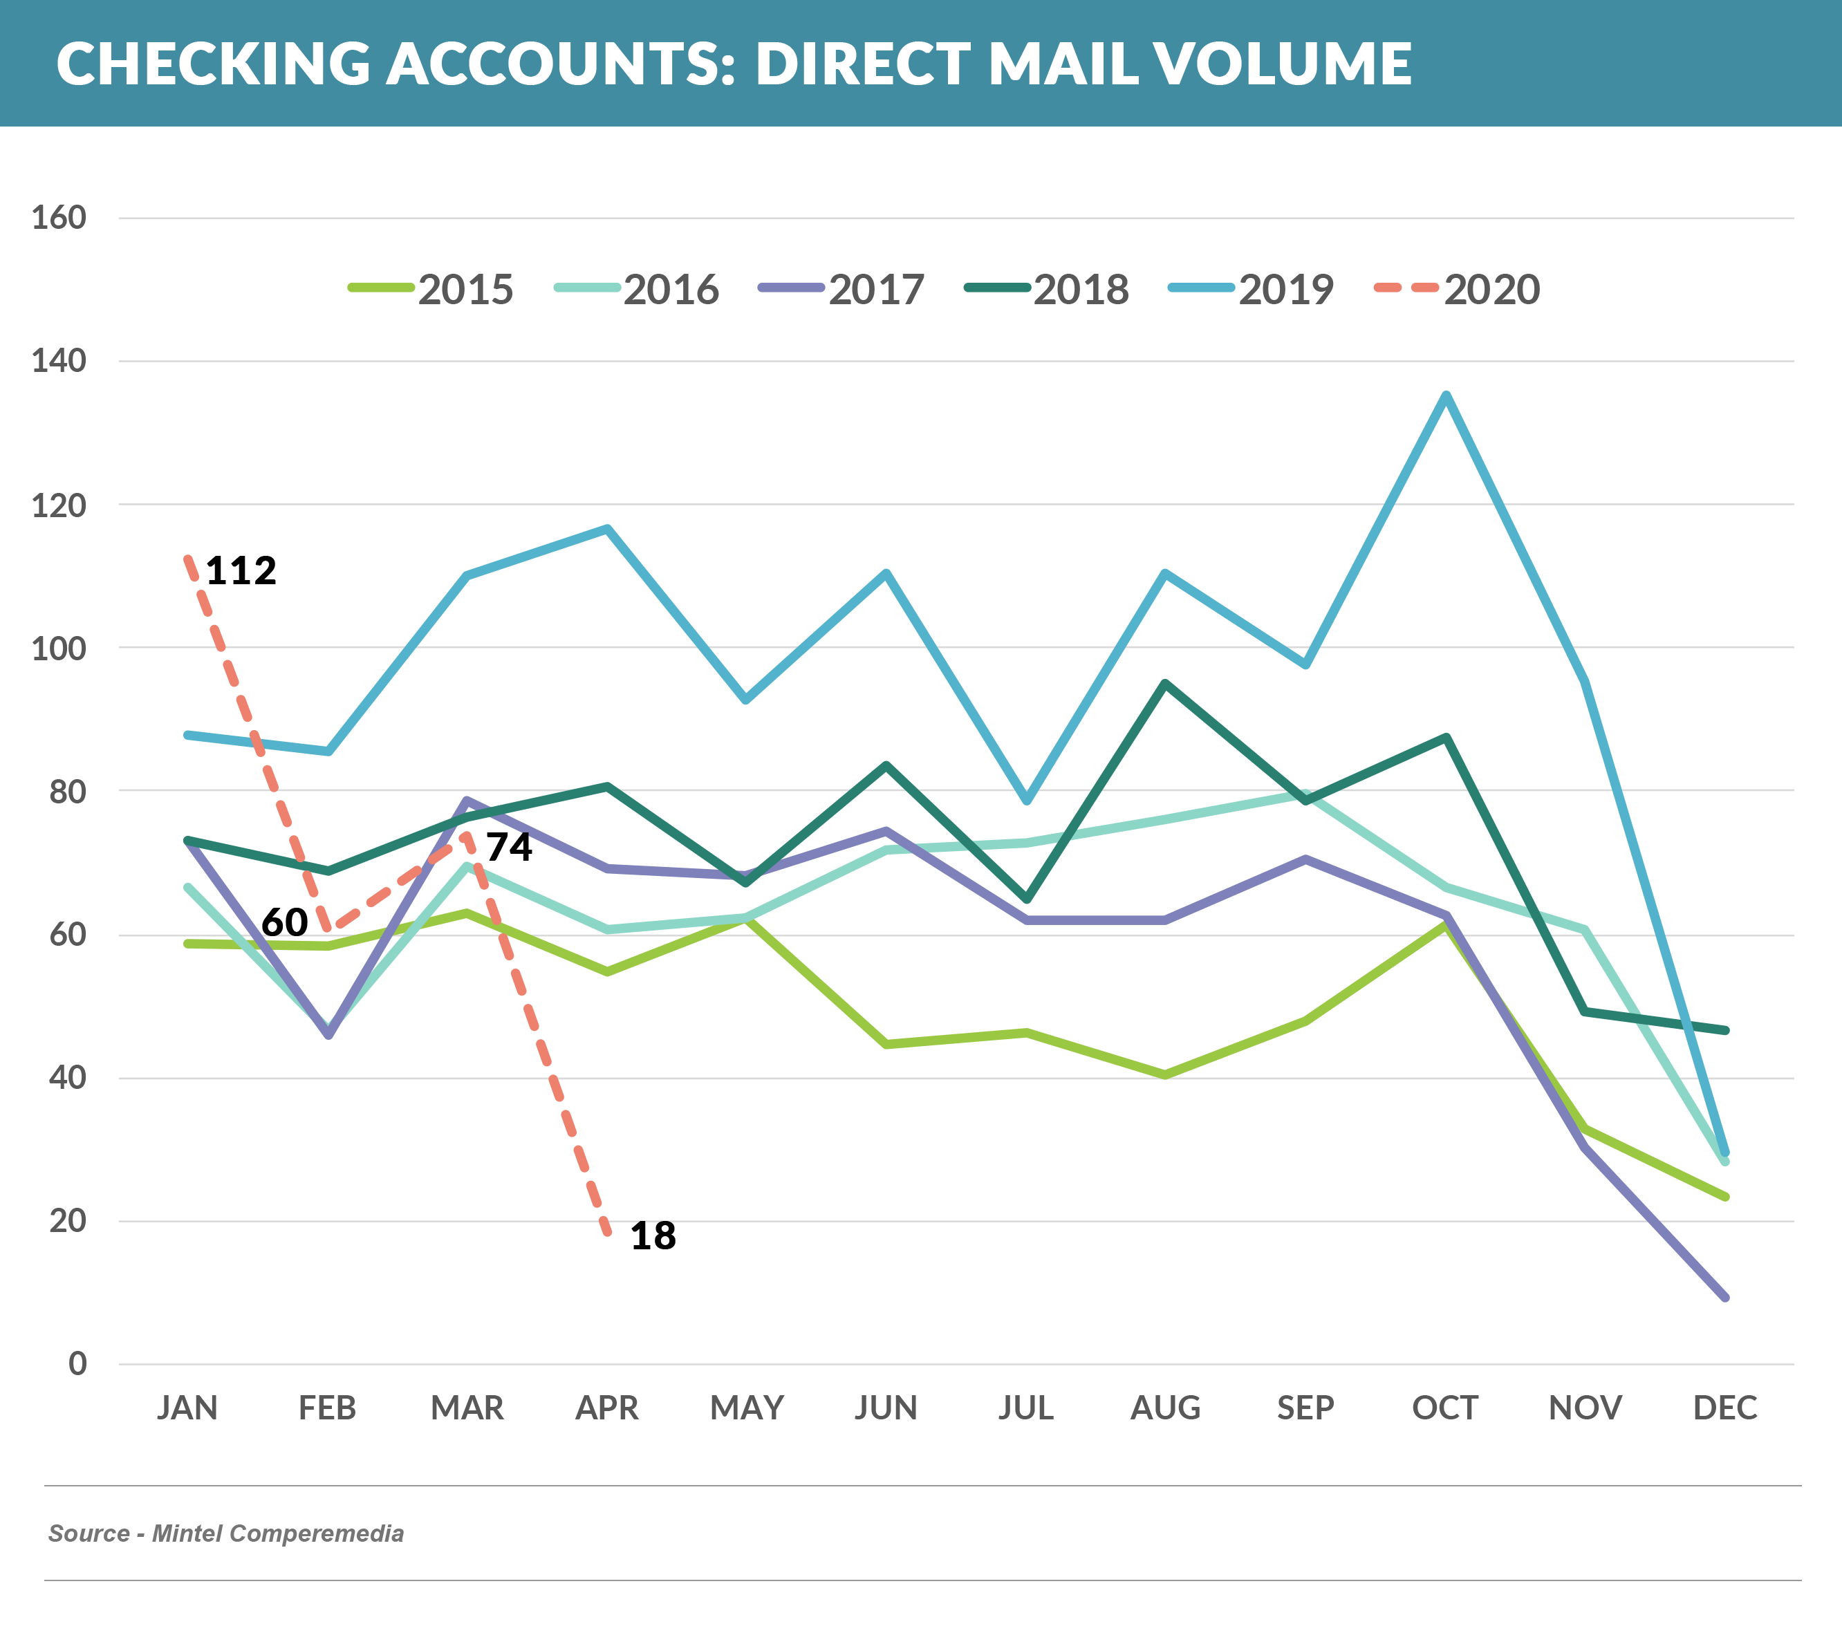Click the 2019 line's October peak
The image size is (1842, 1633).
point(1446,395)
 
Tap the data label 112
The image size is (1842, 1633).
point(241,570)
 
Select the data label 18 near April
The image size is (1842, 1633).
point(653,1235)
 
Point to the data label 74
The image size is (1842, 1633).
point(509,847)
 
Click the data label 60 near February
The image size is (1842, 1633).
point(284,922)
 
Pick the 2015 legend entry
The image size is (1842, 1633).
point(431,289)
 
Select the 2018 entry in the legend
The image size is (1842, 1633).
point(1046,289)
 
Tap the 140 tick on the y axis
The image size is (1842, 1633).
point(59,362)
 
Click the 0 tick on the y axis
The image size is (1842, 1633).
point(77,1363)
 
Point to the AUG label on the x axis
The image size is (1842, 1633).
point(1165,1408)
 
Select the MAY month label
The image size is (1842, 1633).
point(746,1408)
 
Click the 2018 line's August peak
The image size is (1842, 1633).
point(1165,683)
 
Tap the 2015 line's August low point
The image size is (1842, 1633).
point(1165,1074)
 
